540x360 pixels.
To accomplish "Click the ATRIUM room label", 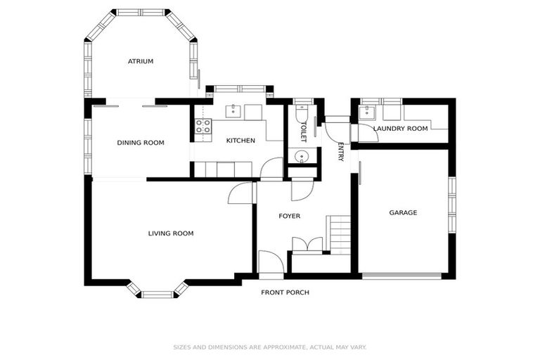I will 141,61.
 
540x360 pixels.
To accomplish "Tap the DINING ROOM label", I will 141,143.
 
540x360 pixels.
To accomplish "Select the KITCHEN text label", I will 240,141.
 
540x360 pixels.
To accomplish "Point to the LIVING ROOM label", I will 171,233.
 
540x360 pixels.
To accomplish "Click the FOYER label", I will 289,216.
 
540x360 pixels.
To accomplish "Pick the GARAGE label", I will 404,212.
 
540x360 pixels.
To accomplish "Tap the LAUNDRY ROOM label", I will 401,129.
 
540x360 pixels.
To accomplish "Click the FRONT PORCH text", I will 285,292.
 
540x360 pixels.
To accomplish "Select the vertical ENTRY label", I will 341,152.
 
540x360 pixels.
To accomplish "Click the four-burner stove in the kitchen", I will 203,126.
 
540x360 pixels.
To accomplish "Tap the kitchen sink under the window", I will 234,111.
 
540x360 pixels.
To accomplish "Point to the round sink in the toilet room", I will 302,156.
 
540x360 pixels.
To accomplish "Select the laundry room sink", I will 367,112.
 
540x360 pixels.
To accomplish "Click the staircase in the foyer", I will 340,234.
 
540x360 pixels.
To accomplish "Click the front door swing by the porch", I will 271,263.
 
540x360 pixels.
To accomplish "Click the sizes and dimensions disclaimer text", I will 270,347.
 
